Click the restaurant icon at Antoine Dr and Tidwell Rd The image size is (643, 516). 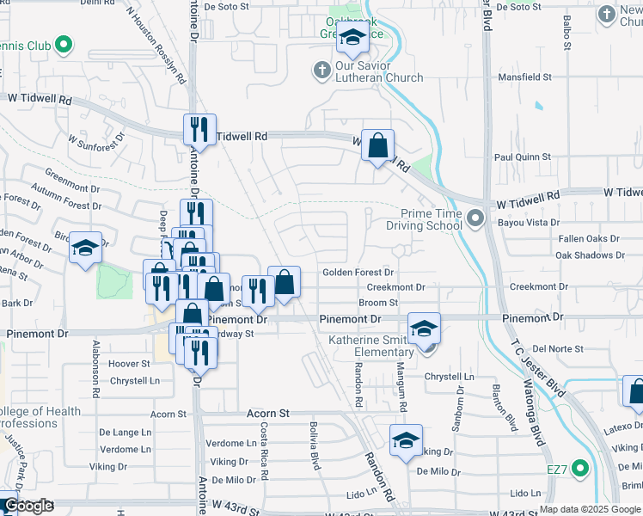[199, 130]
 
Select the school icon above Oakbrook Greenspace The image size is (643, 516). [352, 37]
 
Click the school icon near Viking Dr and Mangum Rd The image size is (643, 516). [406, 440]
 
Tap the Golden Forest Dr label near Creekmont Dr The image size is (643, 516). [358, 273]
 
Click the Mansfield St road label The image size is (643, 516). [523, 77]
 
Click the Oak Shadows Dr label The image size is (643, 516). [588, 255]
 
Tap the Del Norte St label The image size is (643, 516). [558, 349]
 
